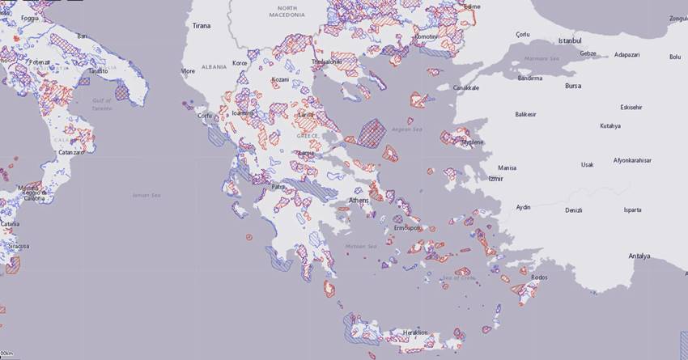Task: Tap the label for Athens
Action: point(358,200)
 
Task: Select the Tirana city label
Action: point(201,26)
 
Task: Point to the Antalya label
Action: point(639,256)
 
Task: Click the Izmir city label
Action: point(496,178)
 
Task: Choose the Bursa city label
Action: point(573,85)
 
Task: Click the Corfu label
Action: point(204,116)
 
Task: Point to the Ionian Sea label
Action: point(147,195)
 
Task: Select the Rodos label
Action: point(539,277)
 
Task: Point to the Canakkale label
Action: point(465,87)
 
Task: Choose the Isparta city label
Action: point(631,210)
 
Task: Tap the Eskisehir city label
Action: point(631,107)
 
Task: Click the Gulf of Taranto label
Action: point(101,104)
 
